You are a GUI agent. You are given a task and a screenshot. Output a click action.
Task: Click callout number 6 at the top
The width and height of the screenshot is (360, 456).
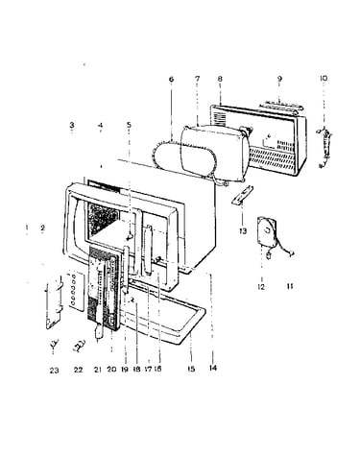point(171,79)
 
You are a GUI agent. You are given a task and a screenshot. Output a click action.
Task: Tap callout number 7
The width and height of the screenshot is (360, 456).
point(197,79)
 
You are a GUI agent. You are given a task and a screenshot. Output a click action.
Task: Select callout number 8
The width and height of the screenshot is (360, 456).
point(220,79)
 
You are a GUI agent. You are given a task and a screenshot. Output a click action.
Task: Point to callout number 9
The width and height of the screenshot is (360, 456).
point(279,79)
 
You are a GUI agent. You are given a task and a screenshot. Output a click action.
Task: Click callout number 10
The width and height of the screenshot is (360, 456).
point(324,78)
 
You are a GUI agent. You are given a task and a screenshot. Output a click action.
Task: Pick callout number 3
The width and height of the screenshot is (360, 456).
point(72,125)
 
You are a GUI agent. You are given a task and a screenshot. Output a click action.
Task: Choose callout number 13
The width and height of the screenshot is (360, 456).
point(243,230)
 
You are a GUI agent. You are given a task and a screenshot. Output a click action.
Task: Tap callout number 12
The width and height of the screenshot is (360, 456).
point(261,287)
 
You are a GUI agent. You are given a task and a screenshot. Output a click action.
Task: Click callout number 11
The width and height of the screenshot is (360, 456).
point(290,286)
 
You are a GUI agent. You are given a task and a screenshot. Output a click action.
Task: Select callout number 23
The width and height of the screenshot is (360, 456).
point(54,371)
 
